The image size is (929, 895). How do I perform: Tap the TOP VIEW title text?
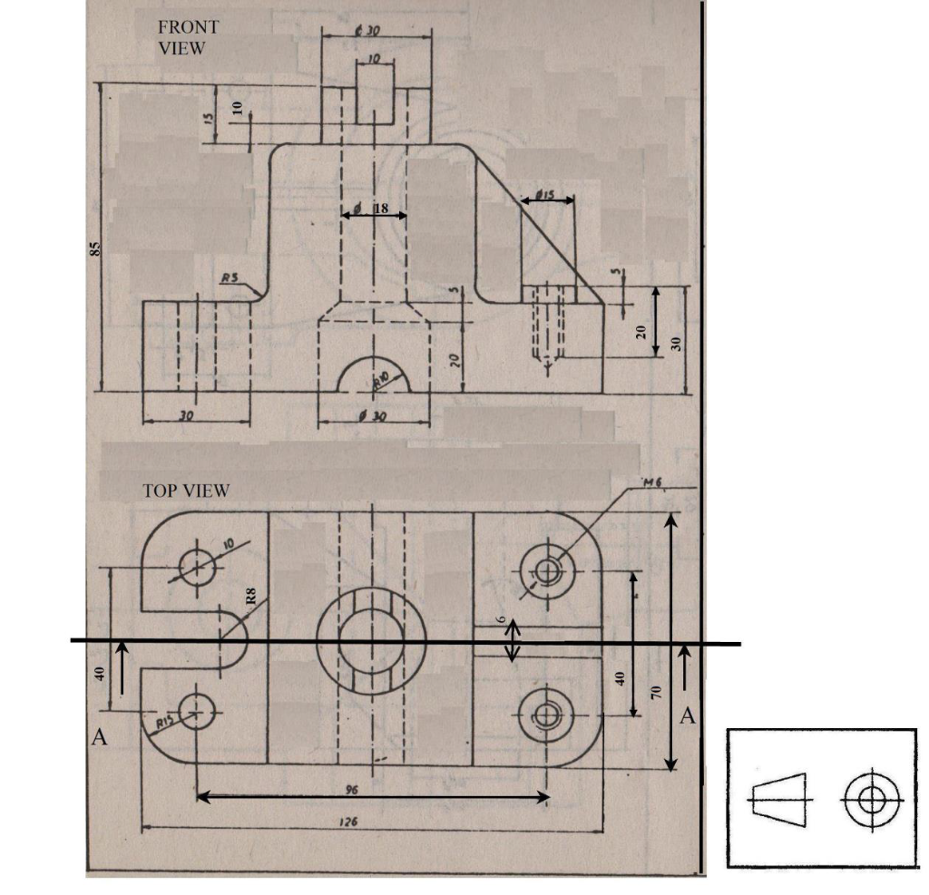pos(186,491)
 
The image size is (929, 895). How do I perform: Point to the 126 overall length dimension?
pos(350,822)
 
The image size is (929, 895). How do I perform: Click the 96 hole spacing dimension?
pos(351,789)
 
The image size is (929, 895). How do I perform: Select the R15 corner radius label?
pos(166,722)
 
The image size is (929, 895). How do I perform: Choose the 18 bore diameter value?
pos(380,209)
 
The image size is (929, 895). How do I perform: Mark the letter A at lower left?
pos(101,739)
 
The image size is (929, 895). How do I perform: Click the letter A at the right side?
pos(688,716)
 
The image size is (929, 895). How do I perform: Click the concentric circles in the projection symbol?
pos(870,800)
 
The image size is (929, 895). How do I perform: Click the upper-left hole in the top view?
pos(196,569)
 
